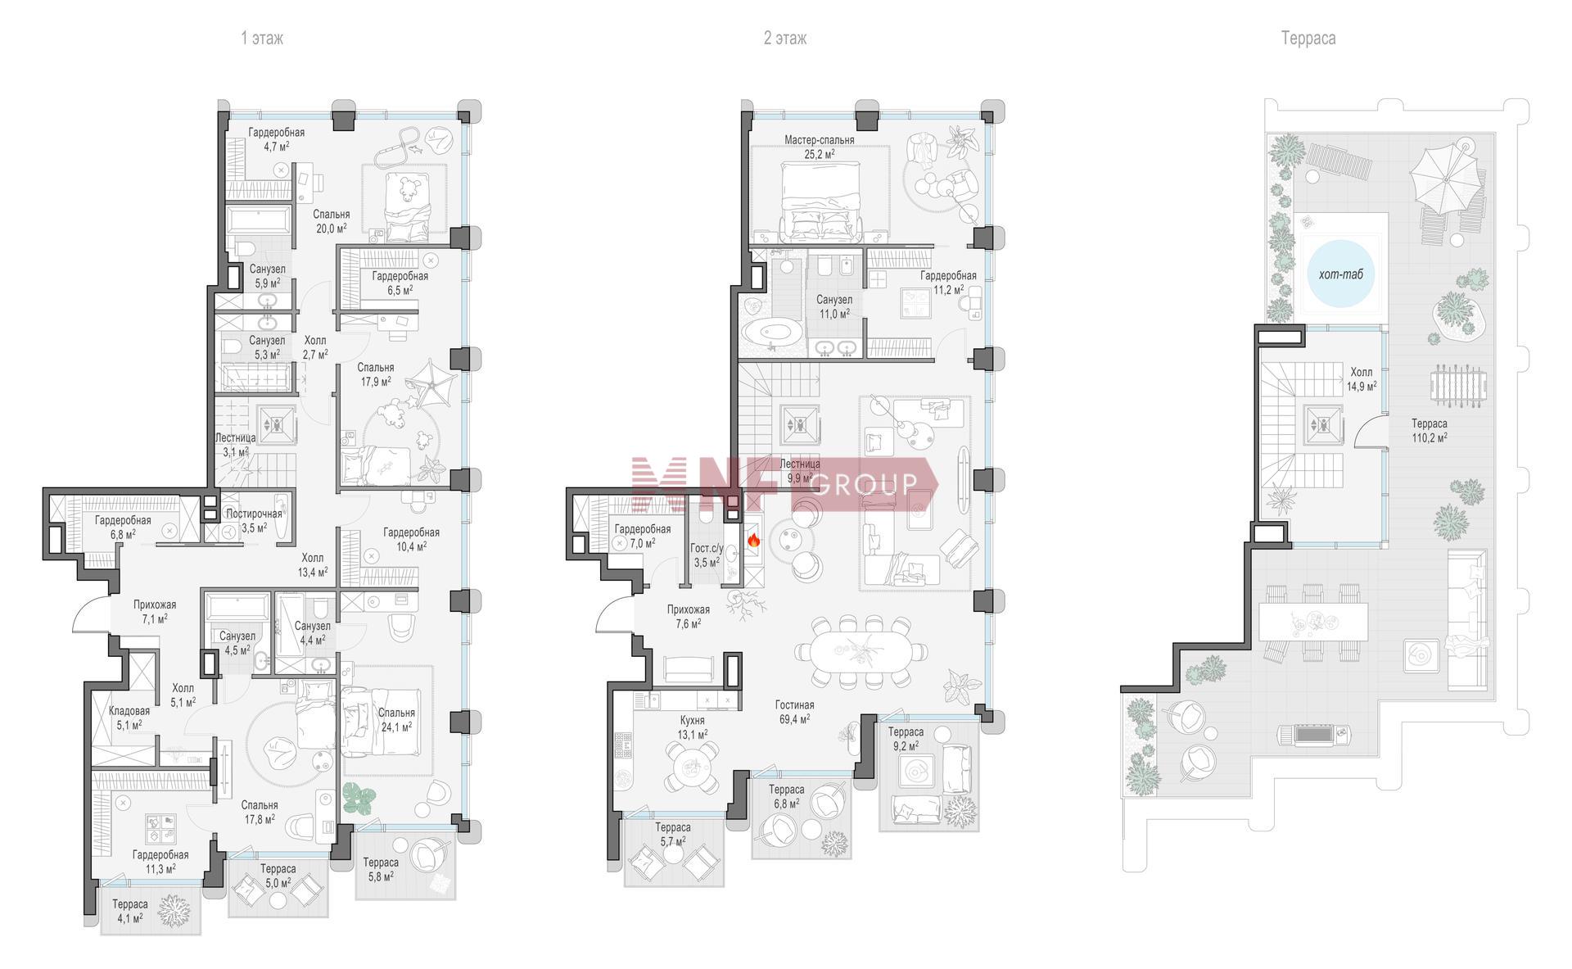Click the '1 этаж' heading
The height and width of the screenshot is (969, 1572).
(x=262, y=38)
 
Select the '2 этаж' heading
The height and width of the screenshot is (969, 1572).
(x=785, y=38)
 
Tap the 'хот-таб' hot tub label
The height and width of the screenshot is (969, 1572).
(x=1341, y=274)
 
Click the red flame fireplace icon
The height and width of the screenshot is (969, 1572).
(x=752, y=540)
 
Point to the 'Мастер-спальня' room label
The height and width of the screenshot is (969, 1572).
(x=819, y=140)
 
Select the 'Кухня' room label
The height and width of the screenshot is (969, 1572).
(x=692, y=721)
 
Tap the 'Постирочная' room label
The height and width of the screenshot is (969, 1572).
(x=254, y=514)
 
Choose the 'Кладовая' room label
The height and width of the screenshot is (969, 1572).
(x=129, y=711)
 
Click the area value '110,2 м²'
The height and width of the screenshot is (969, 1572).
(x=1429, y=438)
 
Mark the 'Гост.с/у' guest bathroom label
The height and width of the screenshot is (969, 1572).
(x=705, y=548)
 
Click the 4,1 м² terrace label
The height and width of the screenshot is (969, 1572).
(x=130, y=911)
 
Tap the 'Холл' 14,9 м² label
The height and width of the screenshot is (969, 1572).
(x=1361, y=378)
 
